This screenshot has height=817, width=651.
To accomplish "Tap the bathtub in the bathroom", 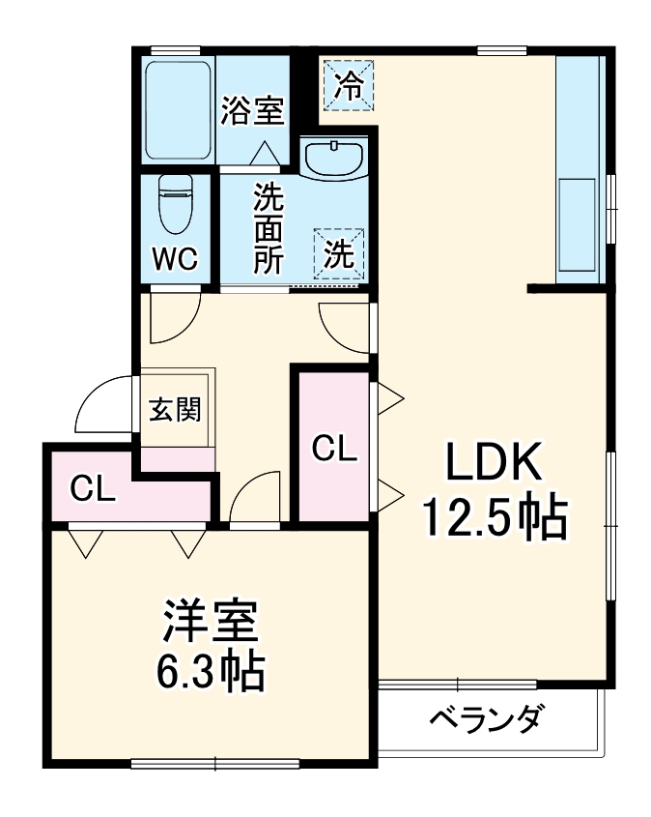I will click(178, 111).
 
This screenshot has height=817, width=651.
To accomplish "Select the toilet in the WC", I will click(175, 204).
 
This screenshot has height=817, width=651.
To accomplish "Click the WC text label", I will click(175, 259).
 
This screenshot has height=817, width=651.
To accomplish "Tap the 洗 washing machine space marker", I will click(338, 254).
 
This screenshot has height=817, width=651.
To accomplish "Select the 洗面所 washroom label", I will click(269, 228).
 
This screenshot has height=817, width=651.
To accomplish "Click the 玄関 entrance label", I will click(175, 410).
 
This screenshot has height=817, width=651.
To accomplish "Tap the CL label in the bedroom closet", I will click(94, 490).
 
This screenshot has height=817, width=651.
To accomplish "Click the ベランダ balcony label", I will click(486, 720).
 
